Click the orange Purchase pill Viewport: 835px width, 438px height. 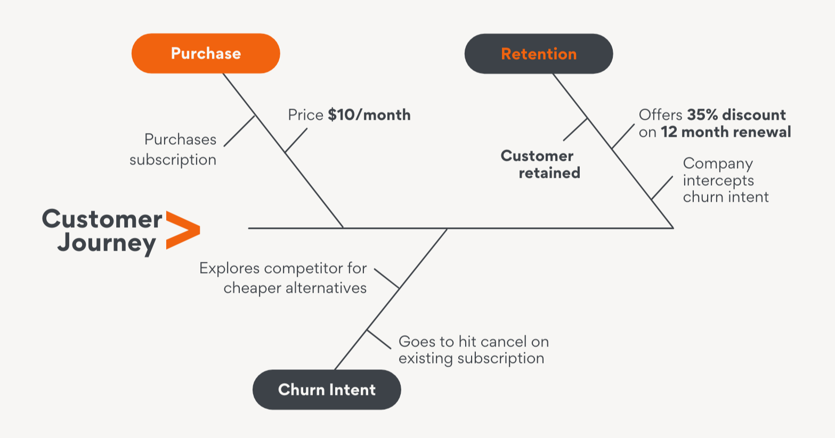pos(206,53)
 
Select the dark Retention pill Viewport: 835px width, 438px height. pos(539,54)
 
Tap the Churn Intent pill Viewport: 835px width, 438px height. pos(327,390)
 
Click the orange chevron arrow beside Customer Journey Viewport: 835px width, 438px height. pos(182,230)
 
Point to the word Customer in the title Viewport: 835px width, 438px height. pos(102,219)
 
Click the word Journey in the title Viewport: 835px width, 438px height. pos(107,244)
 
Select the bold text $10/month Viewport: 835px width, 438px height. pos(369,115)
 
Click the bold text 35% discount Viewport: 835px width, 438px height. pos(736,115)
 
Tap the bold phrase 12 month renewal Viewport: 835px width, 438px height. pos(726,132)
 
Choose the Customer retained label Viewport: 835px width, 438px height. pos(539,164)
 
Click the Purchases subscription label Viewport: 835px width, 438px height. pos(174,150)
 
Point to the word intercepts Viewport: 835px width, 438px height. pos(718,180)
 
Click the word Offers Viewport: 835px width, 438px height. pos(660,115)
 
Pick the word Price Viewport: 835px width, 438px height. pos(306,115)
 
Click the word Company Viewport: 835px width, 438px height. pos(718,163)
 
